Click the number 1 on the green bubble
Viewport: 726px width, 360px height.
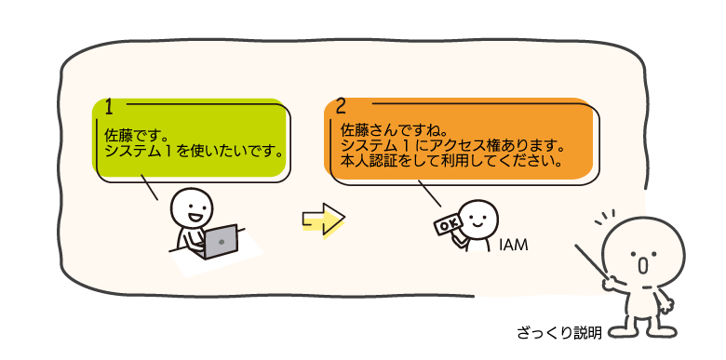pos(109,107)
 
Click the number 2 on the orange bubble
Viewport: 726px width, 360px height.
pos(341,107)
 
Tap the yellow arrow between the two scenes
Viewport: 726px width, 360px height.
pos(324,219)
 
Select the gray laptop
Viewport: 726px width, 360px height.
pos(221,242)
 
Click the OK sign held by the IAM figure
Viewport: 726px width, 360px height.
pos(448,224)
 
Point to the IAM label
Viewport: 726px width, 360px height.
pos(514,246)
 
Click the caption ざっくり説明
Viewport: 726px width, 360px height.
pos(559,333)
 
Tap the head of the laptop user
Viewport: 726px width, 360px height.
pos(192,207)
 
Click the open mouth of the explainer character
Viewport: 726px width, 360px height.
pos(642,265)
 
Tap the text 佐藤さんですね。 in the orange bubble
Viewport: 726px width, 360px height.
pos(388,128)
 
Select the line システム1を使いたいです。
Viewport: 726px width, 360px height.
pos(194,152)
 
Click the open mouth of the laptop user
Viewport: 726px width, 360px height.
pos(195,217)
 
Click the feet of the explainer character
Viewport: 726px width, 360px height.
pos(642,332)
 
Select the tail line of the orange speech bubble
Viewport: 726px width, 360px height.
pos(430,193)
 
